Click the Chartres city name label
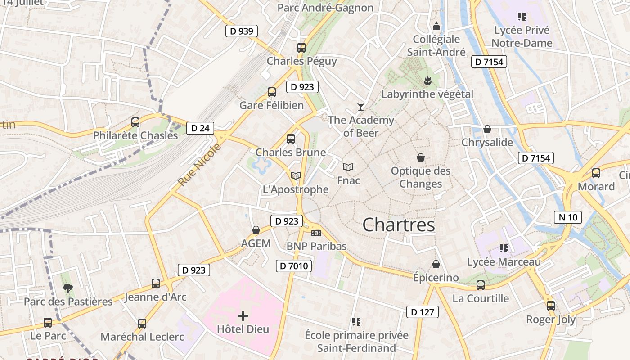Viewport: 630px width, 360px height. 399,225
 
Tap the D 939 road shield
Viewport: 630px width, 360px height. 242,31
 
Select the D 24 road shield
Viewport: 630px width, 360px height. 200,128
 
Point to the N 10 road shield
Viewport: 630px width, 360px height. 568,218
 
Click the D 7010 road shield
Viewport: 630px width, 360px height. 293,266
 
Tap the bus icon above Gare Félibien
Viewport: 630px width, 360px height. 271,92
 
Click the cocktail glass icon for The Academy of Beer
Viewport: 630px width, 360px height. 360,107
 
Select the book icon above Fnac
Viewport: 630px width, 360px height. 348,167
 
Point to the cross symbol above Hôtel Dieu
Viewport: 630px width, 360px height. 243,316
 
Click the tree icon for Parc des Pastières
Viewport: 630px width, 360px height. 68,288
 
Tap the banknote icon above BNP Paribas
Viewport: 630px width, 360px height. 316,233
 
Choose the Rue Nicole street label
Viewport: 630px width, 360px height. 200,165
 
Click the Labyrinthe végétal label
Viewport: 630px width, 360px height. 427,94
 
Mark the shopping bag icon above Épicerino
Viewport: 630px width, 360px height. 436,264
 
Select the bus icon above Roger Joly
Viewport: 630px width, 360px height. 551,306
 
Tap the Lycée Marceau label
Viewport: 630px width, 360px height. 504,262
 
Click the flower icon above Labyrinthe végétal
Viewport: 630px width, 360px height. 427,81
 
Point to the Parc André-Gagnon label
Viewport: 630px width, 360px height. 325,8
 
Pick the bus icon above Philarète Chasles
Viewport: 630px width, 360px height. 135,122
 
